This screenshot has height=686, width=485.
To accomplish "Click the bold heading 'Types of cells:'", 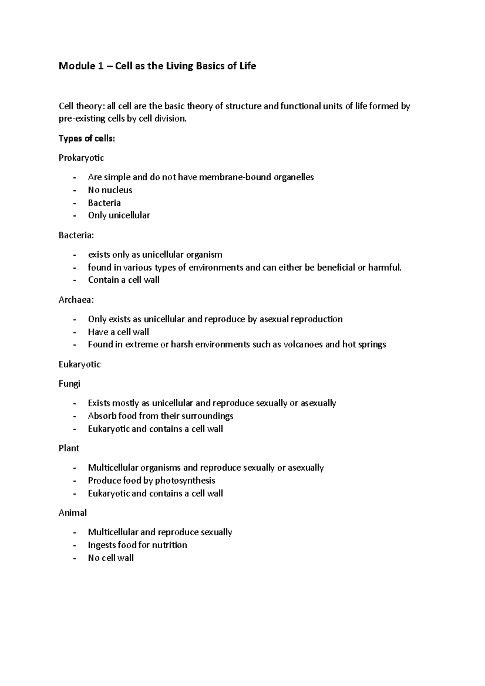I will click(87, 139).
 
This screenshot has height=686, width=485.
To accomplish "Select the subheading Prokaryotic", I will click(81, 158).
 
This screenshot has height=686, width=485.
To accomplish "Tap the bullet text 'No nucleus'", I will click(110, 190).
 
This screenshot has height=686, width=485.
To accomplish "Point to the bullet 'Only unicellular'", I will click(119, 215).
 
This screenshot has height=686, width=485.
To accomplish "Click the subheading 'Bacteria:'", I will click(76, 235).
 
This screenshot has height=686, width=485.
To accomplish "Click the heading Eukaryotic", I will click(80, 364).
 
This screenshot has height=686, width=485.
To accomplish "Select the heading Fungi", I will click(70, 384).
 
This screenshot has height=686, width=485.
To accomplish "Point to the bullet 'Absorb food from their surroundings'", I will click(160, 416).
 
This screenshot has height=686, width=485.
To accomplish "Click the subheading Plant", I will click(69, 448).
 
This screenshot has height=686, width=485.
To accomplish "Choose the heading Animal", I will click(73, 513).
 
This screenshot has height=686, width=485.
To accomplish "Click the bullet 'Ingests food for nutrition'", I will click(137, 545).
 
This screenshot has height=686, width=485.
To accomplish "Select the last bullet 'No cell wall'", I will click(111, 558).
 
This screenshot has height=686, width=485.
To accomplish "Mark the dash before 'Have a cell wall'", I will click(74, 332).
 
